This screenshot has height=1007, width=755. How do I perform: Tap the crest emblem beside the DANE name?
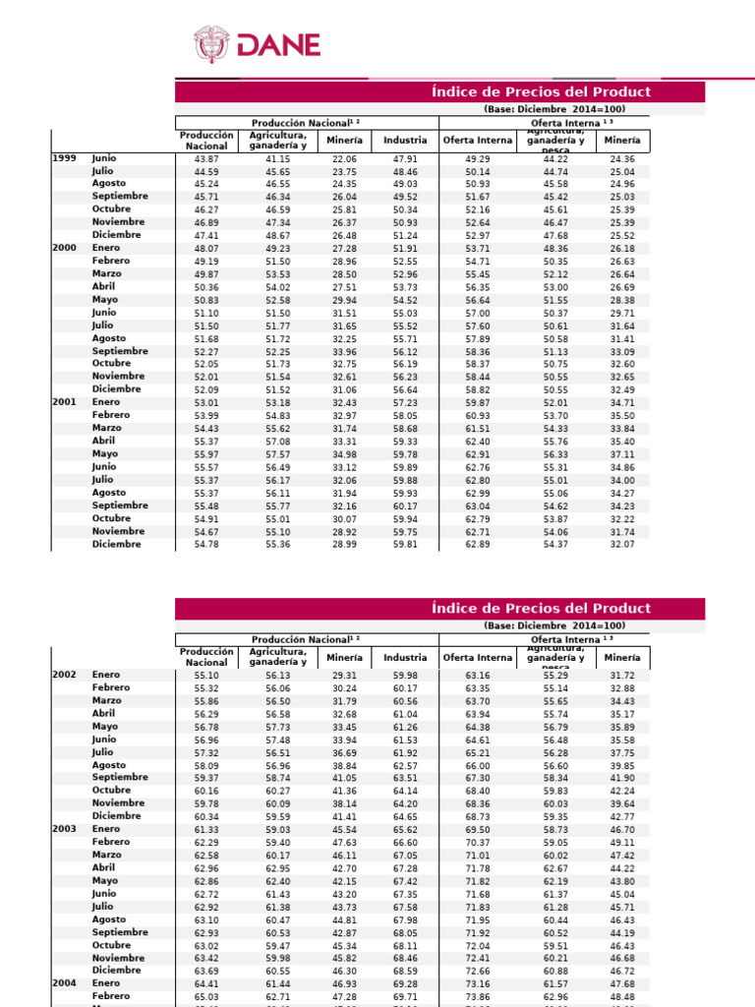[211, 45]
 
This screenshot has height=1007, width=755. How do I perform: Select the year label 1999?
[64, 157]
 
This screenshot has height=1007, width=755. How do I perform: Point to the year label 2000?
[64, 248]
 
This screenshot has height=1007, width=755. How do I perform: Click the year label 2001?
[64, 402]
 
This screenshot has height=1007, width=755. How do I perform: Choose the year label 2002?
[64, 675]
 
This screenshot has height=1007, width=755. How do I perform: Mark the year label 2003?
[64, 829]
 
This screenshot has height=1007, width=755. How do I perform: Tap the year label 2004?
[64, 983]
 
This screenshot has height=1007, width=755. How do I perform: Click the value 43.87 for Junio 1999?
[206, 158]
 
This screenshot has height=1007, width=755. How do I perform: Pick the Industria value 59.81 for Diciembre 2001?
[405, 544]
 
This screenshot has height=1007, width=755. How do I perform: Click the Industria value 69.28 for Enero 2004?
[405, 983]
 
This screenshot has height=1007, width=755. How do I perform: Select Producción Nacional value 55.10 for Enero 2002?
[206, 676]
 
